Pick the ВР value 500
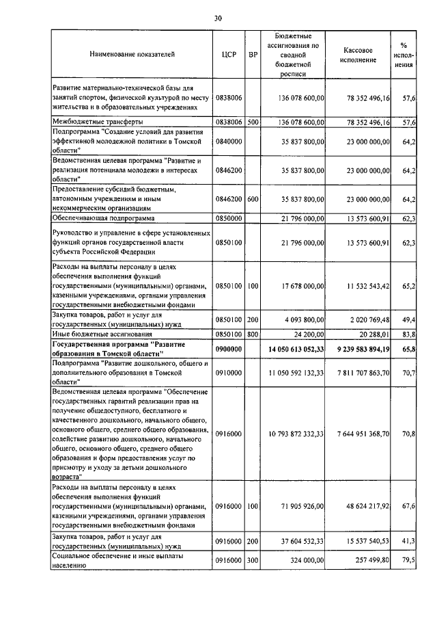pos(253,122)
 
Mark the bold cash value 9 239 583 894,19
pos(363,350)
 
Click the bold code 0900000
pos(229,350)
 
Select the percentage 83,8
pos(409,335)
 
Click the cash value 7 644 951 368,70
pos(363,433)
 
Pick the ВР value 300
pos(253,560)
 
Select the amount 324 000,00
pos(306,560)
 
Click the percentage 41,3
pos(409,541)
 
